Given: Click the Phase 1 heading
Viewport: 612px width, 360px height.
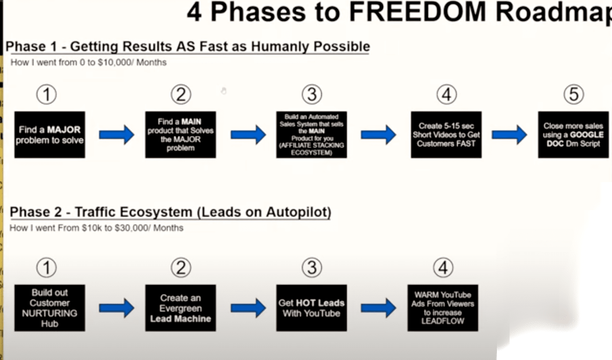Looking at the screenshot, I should pos(187,46).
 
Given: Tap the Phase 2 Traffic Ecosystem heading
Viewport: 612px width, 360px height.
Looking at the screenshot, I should pos(170,212).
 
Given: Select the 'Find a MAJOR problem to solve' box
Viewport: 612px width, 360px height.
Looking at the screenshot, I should pos(50,135).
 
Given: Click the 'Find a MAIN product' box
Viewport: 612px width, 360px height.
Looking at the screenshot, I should pos(180,135).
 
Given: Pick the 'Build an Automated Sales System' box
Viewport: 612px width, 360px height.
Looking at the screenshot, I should pos(312,135).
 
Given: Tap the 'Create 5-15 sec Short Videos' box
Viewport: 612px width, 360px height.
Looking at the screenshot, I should pos(446,135).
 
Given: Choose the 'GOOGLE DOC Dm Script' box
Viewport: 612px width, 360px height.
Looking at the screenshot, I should pos(573,135).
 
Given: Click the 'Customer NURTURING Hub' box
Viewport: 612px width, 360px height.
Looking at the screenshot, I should pos(50,308).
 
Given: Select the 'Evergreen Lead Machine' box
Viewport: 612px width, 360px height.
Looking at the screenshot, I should pos(180,308).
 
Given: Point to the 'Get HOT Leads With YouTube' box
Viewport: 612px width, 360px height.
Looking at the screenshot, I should pos(312,308).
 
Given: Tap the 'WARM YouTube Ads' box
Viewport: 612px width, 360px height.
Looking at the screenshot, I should pos(443,308).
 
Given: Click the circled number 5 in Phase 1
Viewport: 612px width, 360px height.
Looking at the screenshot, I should pos(573,94).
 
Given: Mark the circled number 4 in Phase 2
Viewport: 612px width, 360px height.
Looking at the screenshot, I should pos(443,268).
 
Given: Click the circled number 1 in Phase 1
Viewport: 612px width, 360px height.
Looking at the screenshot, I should pos(47,94).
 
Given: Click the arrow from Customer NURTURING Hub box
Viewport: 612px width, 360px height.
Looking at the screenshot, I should pos(116,308).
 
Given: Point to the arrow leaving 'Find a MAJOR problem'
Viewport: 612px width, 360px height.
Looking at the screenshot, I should pos(116,135).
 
